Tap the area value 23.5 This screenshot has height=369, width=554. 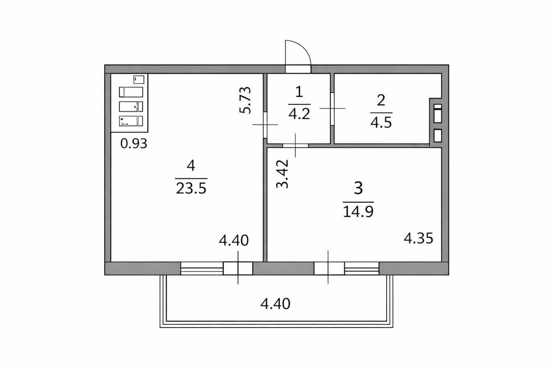pyautogui.click(x=191, y=189)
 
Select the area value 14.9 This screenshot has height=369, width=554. pyautogui.click(x=358, y=212)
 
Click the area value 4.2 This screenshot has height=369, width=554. pyautogui.click(x=299, y=114)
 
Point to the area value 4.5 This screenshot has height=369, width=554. pyautogui.click(x=381, y=122)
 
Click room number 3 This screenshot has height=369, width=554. pyautogui.click(x=358, y=189)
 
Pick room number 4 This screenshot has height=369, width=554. pyautogui.click(x=190, y=166)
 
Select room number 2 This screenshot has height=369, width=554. pyautogui.click(x=381, y=100)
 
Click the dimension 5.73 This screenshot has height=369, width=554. pyautogui.click(x=245, y=100)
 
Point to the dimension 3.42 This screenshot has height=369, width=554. pyautogui.click(x=282, y=173)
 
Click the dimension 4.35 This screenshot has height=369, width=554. pyautogui.click(x=418, y=238)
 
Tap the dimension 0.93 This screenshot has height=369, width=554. pyautogui.click(x=134, y=144)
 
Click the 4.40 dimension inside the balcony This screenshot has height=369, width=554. pyautogui.click(x=275, y=304)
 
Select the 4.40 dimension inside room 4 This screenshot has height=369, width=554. pyautogui.click(x=234, y=240)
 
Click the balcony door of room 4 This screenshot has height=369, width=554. pyautogui.click(x=238, y=268)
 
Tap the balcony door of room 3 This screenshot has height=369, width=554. pyautogui.click(x=329, y=268)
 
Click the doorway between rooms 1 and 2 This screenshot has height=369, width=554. pyautogui.click(x=332, y=108)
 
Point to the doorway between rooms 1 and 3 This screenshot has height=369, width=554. pyautogui.click(x=295, y=145)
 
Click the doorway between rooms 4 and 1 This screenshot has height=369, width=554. pyautogui.click(x=265, y=124)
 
